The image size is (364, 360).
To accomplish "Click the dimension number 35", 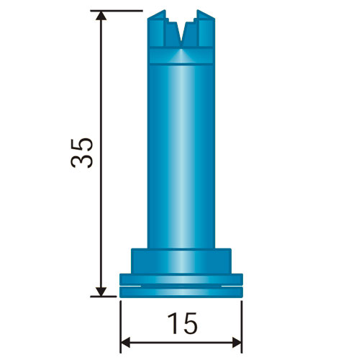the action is click(82, 153).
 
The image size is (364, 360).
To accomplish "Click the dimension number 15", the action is click(183, 323).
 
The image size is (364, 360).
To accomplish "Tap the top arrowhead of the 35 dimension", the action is click(101, 16).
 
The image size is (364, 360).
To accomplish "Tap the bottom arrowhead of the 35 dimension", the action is click(101, 292).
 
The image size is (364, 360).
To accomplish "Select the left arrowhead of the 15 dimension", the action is click(125, 342).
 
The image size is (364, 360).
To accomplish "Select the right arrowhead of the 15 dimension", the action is click(237, 342).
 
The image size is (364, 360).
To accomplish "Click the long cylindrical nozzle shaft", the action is click(181, 156).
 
